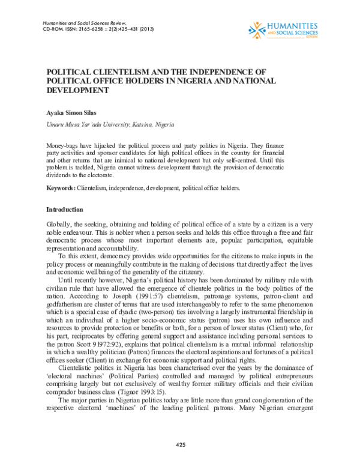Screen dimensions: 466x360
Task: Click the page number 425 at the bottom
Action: coord(180,444)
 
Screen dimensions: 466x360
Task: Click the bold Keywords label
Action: coord(61,188)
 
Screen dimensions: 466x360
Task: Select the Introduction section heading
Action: coord(65,210)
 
